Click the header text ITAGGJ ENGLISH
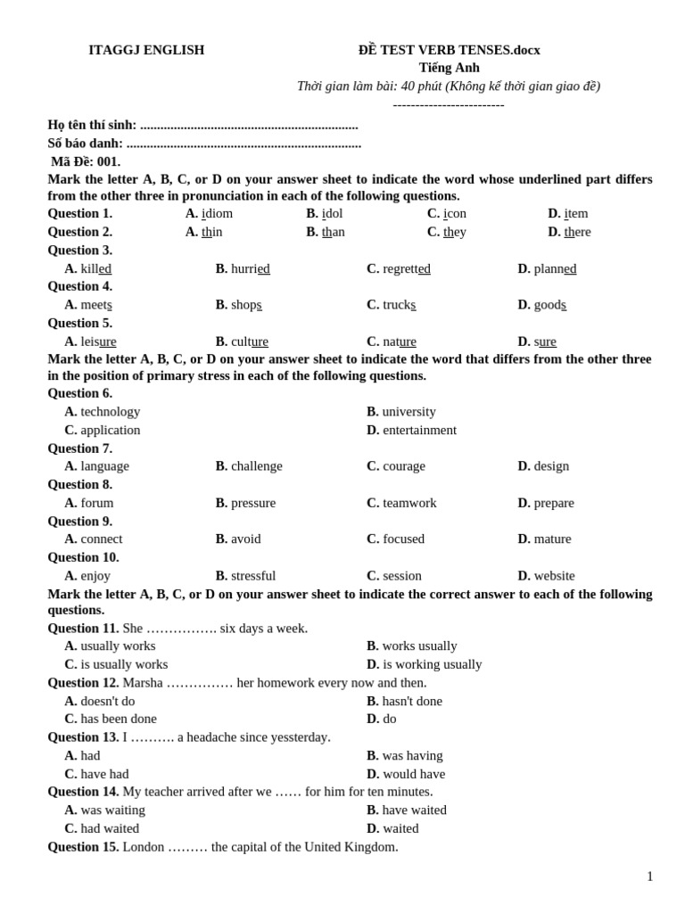(x=146, y=50)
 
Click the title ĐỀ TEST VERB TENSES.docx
(x=449, y=50)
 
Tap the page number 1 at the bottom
(x=649, y=876)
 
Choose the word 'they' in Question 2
(x=454, y=232)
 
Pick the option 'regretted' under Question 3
(x=406, y=268)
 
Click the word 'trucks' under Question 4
(x=399, y=305)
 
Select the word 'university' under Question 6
(x=409, y=412)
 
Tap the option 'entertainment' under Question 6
(x=419, y=430)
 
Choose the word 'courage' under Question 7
(x=403, y=466)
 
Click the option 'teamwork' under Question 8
(x=409, y=503)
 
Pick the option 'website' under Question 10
(x=554, y=575)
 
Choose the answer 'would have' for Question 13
(x=414, y=774)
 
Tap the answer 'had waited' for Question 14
(x=110, y=828)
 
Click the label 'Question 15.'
(x=83, y=847)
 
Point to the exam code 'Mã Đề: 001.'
(x=86, y=161)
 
